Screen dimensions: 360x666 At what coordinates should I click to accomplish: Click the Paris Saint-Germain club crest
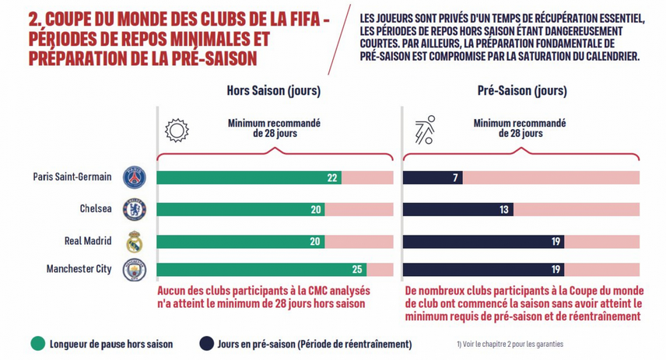[x=135, y=177]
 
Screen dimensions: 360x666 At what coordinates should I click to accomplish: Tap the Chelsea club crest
[x=135, y=209]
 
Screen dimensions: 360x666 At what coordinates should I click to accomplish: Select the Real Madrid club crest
[x=135, y=242]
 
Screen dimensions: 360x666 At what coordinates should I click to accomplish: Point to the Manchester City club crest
[x=135, y=271]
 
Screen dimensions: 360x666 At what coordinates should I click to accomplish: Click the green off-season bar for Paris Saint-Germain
[x=249, y=177]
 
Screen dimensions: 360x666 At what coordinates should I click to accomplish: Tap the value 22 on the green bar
[x=332, y=177]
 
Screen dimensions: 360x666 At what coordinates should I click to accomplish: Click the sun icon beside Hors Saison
[x=177, y=129]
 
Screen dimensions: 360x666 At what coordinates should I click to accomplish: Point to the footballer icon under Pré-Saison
[x=425, y=129]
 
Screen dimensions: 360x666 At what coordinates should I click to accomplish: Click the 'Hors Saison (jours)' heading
[x=273, y=91]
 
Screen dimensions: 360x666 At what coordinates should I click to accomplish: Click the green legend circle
[x=37, y=343]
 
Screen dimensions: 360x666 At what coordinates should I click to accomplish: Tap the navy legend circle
[x=206, y=343]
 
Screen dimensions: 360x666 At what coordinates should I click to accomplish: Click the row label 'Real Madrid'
[x=88, y=241]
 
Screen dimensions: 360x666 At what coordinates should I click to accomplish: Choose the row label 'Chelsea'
[x=96, y=208]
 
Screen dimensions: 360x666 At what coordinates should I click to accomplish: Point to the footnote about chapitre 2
[x=510, y=343]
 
